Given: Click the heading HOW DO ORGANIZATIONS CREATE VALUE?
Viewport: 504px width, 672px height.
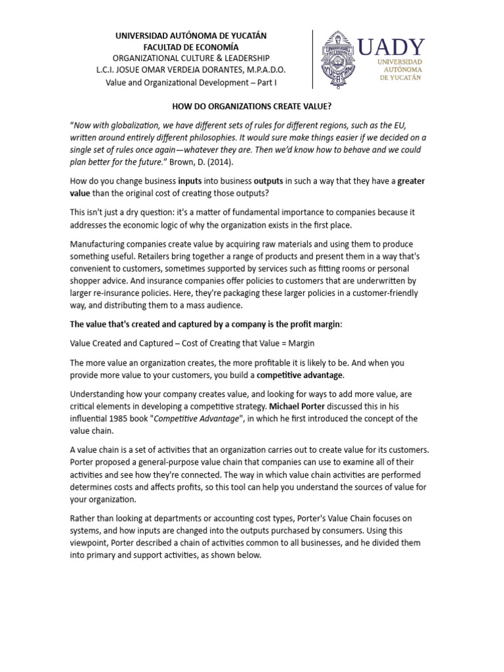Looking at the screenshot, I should [251, 104].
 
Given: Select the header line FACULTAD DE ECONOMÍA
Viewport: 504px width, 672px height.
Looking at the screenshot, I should [191, 47].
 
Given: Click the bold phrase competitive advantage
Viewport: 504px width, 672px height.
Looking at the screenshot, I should [299, 375].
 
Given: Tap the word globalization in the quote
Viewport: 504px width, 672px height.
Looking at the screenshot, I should [125, 125].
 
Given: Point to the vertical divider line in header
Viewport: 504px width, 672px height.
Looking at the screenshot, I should [312, 59].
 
